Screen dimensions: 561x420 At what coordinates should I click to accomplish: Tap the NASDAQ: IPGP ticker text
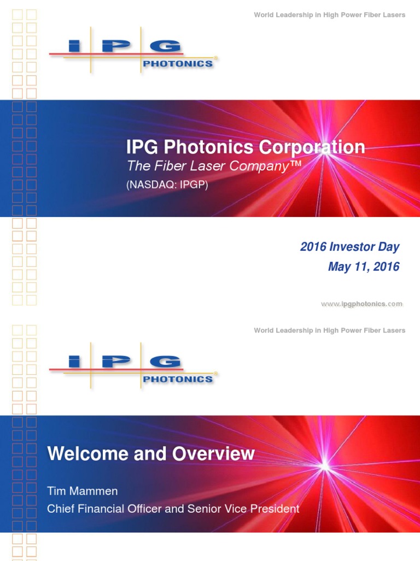click(x=167, y=185)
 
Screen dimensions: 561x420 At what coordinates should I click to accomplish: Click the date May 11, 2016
click(x=364, y=267)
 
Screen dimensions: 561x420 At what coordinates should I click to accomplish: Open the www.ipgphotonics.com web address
click(x=361, y=304)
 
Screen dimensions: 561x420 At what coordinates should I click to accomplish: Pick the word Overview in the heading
click(x=221, y=454)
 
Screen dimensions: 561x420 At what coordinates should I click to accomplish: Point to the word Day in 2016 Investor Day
click(x=389, y=247)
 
